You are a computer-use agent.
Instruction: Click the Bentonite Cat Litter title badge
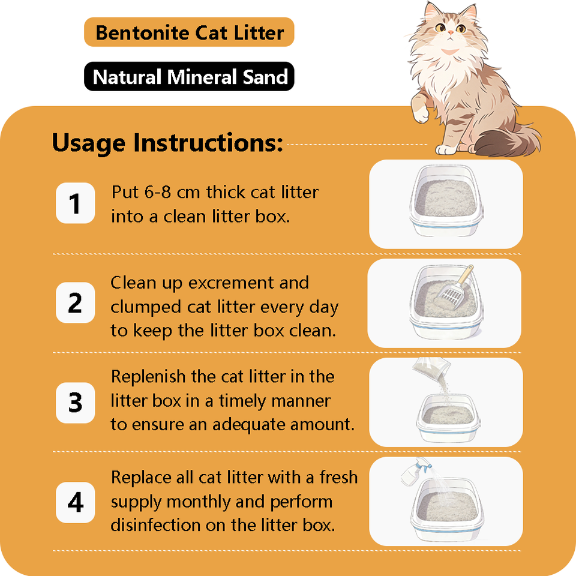(x=189, y=32)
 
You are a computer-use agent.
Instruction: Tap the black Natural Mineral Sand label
(x=189, y=76)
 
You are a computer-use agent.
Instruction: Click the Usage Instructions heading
(x=167, y=143)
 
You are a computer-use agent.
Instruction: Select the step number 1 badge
(x=76, y=203)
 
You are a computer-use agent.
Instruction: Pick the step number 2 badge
(x=76, y=302)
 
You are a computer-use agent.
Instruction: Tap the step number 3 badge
(x=76, y=403)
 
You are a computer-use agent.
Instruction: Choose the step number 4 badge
(x=76, y=502)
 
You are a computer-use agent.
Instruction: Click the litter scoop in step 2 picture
(x=454, y=287)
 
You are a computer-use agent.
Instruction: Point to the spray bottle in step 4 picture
(x=415, y=472)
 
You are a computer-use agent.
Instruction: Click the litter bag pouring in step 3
(x=432, y=370)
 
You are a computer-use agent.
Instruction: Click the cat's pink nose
(x=451, y=32)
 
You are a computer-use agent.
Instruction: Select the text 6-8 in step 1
(x=157, y=192)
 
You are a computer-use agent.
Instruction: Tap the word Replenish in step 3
(x=148, y=377)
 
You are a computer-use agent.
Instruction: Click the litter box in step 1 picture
(x=446, y=200)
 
